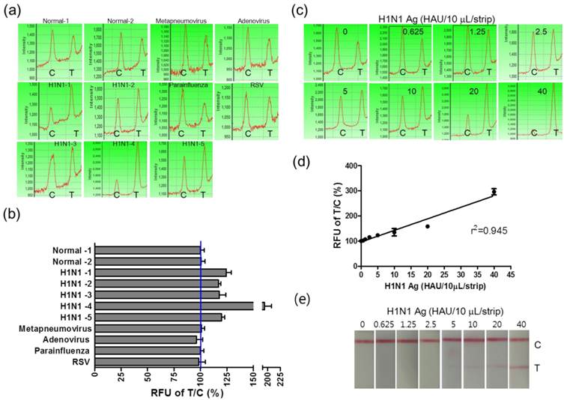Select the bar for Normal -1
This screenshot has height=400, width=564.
click(x=148, y=250)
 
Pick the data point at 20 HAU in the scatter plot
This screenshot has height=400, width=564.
click(x=428, y=226)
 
